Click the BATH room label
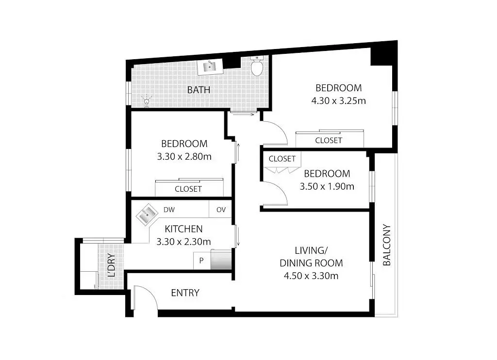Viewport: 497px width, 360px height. point(199,90)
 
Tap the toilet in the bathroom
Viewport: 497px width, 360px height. point(257,66)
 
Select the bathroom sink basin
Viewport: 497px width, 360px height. point(210,67)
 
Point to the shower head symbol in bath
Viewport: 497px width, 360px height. point(146,100)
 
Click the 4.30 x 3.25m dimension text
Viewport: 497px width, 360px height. point(338,101)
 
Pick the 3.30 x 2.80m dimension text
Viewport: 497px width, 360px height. point(184,156)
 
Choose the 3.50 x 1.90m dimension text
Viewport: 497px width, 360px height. point(327,186)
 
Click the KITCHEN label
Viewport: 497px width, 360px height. point(183,229)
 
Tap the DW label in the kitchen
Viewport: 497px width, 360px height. point(169,210)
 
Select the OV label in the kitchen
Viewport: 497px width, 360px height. point(221,210)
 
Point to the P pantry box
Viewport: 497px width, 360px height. point(201,261)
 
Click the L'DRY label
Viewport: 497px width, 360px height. point(111,266)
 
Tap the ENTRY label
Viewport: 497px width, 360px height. point(185,293)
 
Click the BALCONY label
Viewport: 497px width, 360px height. point(387,245)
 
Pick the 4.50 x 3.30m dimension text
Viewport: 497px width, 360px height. point(311,276)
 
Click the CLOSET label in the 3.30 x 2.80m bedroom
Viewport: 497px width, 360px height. point(188,189)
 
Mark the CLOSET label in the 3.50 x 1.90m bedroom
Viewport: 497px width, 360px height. point(282,159)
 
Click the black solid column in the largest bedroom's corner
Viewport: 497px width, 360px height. point(381,55)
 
